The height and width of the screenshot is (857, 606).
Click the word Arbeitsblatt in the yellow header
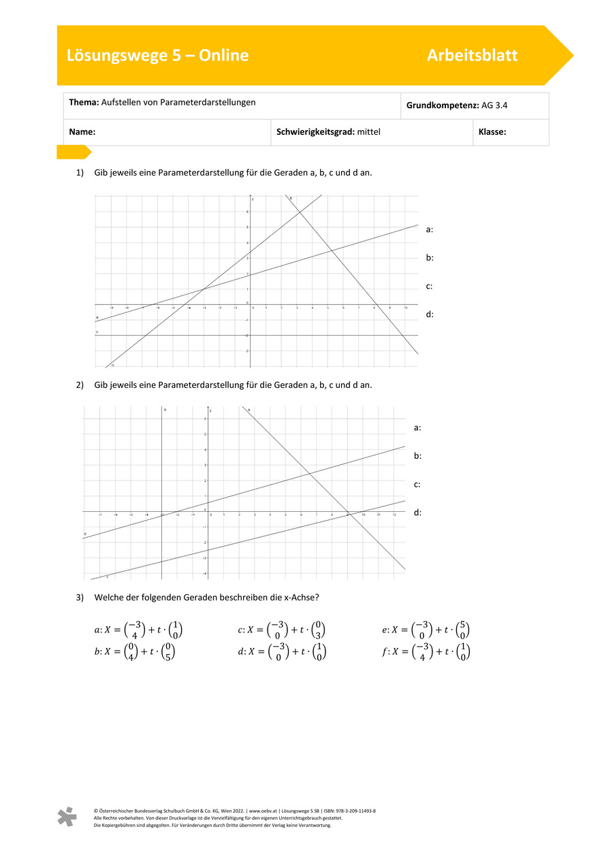click(472, 56)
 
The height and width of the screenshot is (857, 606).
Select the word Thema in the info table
click(83, 102)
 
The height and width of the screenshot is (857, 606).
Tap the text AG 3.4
click(494, 106)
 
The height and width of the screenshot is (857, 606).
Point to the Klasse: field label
click(492, 132)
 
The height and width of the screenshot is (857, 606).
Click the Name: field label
click(82, 132)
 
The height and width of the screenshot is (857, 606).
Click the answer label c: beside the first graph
click(430, 286)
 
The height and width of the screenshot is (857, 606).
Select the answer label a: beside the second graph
click(417, 427)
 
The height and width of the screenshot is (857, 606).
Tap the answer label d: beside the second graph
click(417, 513)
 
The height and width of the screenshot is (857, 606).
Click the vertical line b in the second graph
click(161, 476)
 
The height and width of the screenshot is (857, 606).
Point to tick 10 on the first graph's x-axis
click(405, 308)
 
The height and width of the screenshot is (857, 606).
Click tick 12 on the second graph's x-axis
click(395, 515)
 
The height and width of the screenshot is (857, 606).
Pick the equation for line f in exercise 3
click(426, 651)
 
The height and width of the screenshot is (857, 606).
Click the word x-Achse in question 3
click(295, 598)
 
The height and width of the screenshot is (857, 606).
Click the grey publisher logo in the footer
click(67, 817)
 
